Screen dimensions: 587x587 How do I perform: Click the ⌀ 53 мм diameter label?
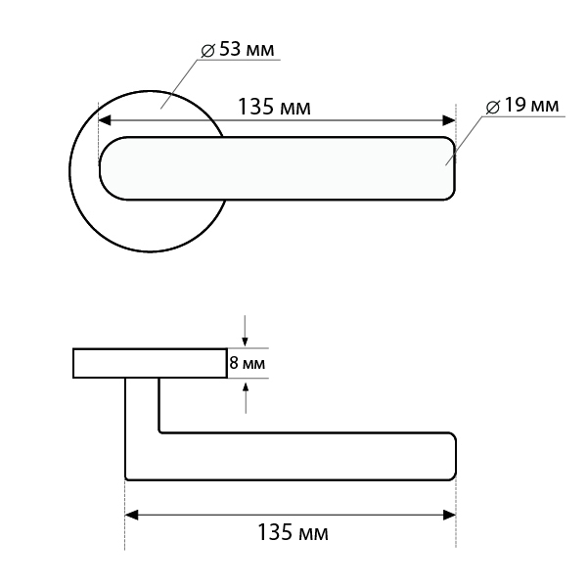(238, 50)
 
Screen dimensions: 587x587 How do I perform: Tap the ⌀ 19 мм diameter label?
(522, 106)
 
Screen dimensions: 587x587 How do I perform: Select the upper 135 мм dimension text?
(274, 107)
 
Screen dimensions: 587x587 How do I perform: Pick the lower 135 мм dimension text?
(293, 532)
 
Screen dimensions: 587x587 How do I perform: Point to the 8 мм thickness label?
(248, 363)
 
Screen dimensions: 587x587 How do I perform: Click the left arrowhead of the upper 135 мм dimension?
(105, 120)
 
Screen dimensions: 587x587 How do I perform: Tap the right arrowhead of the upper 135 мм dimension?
(449, 120)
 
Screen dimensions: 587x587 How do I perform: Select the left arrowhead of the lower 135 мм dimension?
(131, 515)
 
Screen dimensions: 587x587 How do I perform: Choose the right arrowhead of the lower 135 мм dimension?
(449, 515)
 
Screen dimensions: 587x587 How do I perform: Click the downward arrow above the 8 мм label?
(245, 331)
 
